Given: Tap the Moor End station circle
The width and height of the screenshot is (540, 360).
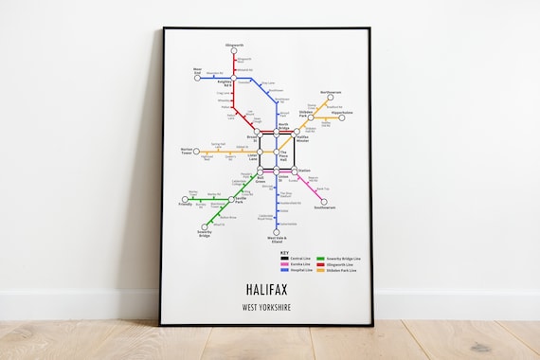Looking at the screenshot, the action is click(x=197, y=78).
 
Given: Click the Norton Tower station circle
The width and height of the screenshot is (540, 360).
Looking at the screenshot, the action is click(x=198, y=152).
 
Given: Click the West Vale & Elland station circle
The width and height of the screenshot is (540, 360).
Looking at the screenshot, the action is click(x=277, y=232).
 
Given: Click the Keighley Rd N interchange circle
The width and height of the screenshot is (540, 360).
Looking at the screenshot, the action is click(x=234, y=79).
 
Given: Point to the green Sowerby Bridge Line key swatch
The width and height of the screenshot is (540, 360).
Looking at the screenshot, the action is click(x=320, y=258).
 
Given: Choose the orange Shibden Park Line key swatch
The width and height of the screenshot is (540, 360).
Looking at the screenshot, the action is click(x=320, y=270).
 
